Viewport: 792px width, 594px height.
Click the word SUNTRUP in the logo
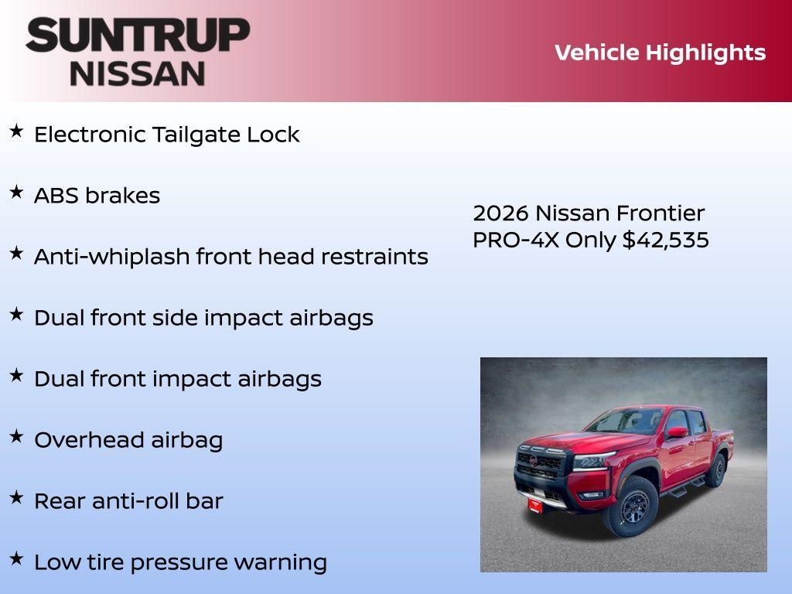pos(138,35)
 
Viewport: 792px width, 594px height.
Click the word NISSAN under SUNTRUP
pos(138,73)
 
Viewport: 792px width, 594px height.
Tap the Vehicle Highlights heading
pos(660,53)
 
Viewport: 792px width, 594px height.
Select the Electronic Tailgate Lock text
pos(166,135)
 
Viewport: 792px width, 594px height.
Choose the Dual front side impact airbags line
pos(203,318)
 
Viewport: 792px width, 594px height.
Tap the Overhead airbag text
pos(128,440)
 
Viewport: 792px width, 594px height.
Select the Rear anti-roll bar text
pos(128,501)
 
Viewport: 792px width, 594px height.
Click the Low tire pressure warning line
pos(180,562)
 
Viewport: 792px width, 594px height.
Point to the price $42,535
pos(665,241)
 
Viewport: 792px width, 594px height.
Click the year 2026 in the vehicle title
pos(500,213)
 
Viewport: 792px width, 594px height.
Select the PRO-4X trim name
pos(516,241)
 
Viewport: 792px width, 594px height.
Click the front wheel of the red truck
pos(633,507)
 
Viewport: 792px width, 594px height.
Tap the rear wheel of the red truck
pos(717,470)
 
